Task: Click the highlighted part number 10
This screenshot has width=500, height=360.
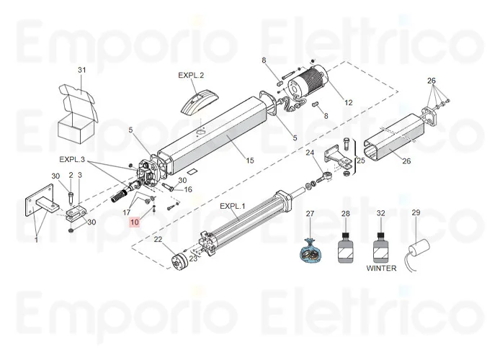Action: (x=135, y=222)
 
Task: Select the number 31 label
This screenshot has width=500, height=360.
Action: (x=81, y=70)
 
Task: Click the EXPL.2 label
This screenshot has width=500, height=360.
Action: (x=191, y=76)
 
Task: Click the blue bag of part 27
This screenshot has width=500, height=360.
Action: (x=311, y=253)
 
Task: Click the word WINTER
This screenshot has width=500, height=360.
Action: (x=382, y=269)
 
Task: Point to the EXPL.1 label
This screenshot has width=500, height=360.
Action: (x=233, y=207)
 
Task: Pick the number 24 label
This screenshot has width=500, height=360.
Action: (x=310, y=153)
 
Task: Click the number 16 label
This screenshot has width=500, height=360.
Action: (x=188, y=190)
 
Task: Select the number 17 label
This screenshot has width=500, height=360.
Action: (x=127, y=212)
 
